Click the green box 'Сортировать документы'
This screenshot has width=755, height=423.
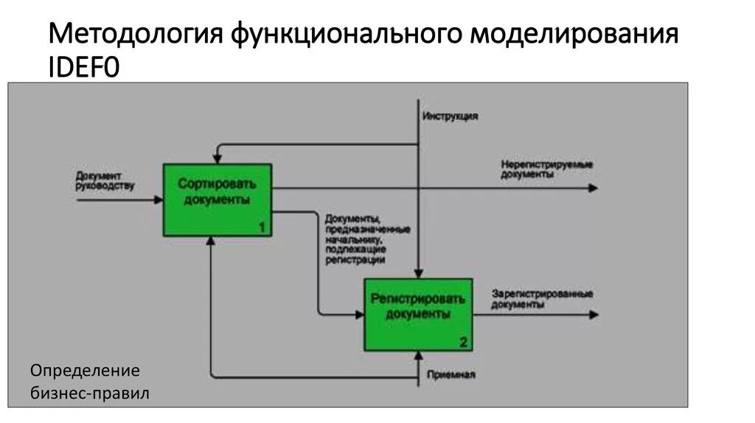coord(218,200)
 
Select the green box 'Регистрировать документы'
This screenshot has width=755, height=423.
coord(417,314)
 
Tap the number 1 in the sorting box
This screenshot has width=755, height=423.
coord(262,228)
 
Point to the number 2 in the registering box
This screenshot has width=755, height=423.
coord(462,342)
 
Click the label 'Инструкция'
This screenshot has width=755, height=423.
coord(450,116)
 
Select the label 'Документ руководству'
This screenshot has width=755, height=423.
coord(105,181)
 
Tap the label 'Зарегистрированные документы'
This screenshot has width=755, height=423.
coord(542,298)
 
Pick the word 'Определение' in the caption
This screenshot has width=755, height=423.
coord(85,370)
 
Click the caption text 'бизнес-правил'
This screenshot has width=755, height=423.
coord(90,394)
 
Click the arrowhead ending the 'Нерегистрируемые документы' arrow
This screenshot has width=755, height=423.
coord(593,188)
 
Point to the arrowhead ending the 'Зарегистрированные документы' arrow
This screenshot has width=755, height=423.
coord(594,315)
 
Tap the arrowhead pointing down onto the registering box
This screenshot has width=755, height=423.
coord(418,273)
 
